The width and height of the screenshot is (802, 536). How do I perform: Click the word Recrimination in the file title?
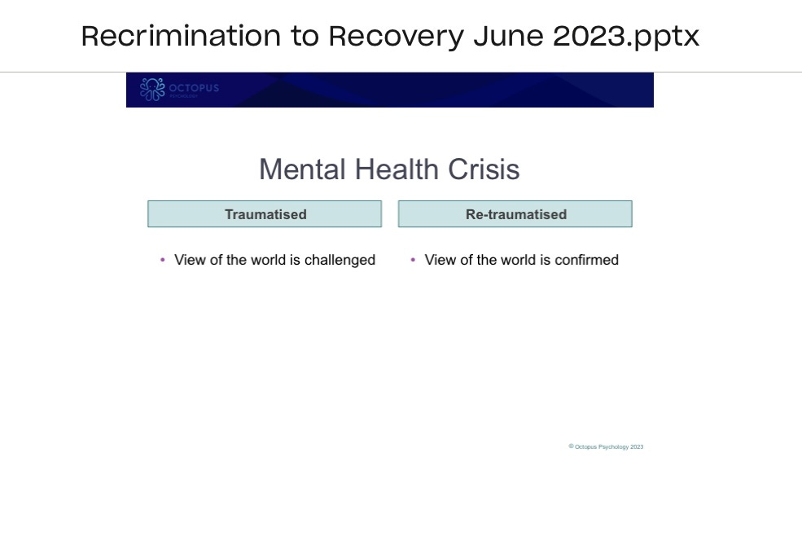pos(180,36)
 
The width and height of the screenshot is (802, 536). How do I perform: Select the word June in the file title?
pos(507,36)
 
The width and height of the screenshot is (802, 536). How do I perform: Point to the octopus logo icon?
pos(152,90)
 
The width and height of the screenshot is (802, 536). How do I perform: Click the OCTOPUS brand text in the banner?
pos(194,88)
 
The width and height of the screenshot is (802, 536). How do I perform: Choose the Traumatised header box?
pos(265,214)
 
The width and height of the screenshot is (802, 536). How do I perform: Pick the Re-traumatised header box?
pos(515,214)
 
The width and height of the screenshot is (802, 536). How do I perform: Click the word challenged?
pos(340,260)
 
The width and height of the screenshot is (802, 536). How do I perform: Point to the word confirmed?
pos(586,260)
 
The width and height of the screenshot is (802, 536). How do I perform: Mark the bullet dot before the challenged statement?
pos(163,260)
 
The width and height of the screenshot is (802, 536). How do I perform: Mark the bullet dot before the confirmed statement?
pos(413,260)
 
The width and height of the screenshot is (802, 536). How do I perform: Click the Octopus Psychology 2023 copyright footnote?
pos(607,446)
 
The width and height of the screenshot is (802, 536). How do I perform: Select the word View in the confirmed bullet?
pos(440,260)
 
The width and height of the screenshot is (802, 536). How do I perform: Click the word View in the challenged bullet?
pos(190,260)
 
